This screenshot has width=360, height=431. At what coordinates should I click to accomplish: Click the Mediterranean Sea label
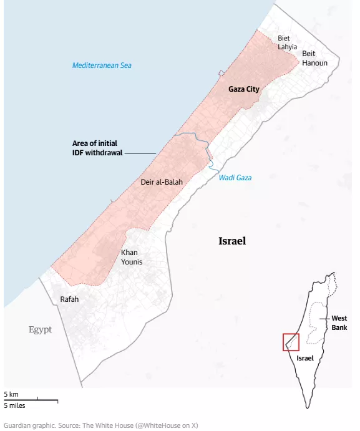pos(102,65)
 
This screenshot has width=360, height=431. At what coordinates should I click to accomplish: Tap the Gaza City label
pos(244,89)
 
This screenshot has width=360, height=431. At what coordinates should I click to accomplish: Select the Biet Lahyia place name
pos(288,42)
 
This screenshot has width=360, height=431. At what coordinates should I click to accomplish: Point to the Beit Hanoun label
pos(314,58)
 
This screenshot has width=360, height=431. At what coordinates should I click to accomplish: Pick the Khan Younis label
pos(131,257)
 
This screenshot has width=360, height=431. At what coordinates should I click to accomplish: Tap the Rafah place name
pos(69,299)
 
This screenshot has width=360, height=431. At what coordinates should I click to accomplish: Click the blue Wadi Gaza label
pos(235,178)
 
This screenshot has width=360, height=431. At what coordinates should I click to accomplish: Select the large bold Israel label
pos(233,241)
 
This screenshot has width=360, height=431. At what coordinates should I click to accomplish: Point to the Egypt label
pos(40,329)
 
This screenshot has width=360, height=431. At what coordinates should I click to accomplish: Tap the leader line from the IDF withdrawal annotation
pos(141,153)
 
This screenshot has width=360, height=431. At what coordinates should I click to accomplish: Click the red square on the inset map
pos(291,342)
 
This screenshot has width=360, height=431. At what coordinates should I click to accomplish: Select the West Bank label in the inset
pos(339,322)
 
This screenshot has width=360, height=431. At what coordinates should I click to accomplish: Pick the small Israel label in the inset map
pos(305,358)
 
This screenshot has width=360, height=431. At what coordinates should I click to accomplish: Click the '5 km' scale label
pos(11,395)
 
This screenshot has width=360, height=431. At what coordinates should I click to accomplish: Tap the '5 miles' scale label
pos(14,406)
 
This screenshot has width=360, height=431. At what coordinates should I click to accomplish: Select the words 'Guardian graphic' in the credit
pos(29,425)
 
